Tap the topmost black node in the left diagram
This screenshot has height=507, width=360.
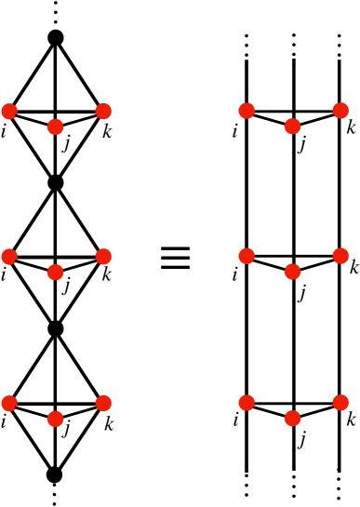click(x=56, y=37)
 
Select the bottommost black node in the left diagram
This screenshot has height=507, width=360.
click(x=56, y=475)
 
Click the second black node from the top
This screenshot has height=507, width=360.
click(x=56, y=183)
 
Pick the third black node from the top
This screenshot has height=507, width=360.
click(x=56, y=328)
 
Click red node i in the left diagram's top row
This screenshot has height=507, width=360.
click(x=10, y=111)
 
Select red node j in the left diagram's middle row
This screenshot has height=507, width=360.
click(x=56, y=272)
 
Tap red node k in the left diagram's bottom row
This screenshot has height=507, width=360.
click(x=103, y=403)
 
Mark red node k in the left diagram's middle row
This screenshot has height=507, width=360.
click(x=103, y=256)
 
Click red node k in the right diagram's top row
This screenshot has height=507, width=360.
click(x=340, y=111)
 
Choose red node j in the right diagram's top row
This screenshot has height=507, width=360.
click(x=293, y=126)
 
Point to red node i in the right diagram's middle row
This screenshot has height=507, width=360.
click(x=247, y=256)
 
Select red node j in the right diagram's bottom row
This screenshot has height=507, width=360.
click(x=293, y=418)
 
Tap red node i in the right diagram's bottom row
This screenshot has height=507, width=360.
click(x=247, y=403)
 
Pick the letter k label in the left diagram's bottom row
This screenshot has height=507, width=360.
click(x=110, y=425)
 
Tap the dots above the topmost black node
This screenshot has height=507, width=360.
click(x=56, y=11)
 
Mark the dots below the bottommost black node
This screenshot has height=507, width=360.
click(x=56, y=497)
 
